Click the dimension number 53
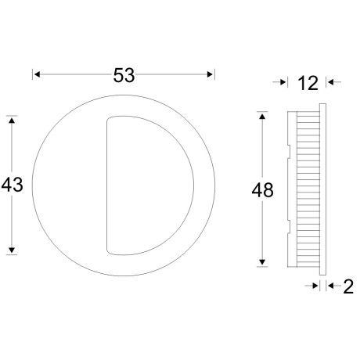[124, 75]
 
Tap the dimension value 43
[12, 185]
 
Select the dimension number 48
[262, 190]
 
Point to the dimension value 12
[308, 83]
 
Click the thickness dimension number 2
[348, 286]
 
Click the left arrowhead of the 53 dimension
[37, 74]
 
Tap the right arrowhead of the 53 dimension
[210, 74]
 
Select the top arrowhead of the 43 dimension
[12, 121]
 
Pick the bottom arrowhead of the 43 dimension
[12, 250]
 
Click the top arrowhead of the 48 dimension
[262, 117]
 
